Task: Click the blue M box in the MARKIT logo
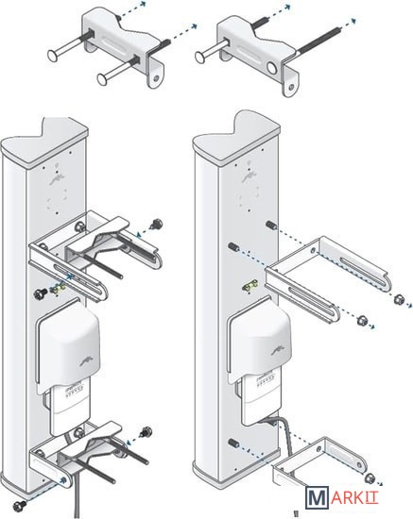coord(318,497)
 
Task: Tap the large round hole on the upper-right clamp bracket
coord(272,68)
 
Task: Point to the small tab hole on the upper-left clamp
coord(156,78)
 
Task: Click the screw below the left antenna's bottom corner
coord(18,505)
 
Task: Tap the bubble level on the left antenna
coord(58,290)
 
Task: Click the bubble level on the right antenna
coord(250,285)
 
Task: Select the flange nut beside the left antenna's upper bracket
coord(156,224)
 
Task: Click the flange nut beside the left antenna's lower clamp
coord(146,431)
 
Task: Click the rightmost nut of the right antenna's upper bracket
coord(399,299)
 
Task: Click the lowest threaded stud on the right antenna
coord(234,443)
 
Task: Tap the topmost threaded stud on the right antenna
coord(271,225)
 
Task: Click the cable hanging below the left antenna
coord(77,496)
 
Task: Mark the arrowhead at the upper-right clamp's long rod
coord(353,21)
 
